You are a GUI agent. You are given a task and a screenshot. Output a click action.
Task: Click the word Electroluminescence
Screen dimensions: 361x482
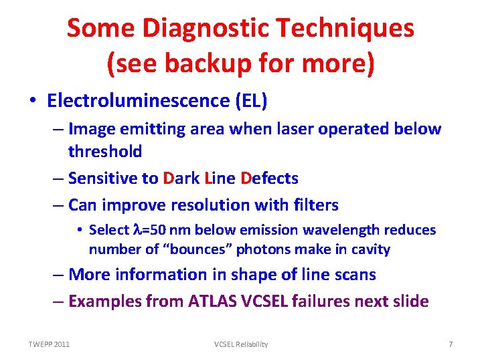[x=139, y=101]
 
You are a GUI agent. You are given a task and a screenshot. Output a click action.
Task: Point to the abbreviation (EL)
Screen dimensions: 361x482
[x=250, y=101]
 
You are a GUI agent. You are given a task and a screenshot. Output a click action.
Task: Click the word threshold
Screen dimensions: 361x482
[x=105, y=151]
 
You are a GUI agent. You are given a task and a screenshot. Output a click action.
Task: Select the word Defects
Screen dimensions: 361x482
[x=269, y=178]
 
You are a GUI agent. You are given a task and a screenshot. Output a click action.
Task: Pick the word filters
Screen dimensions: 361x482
[x=315, y=205]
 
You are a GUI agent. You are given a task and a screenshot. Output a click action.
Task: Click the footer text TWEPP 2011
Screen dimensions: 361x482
[x=49, y=344]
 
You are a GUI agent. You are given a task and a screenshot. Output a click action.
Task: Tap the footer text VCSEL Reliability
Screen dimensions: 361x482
[x=241, y=344]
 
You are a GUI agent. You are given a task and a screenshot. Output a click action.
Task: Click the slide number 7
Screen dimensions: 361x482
[x=451, y=344]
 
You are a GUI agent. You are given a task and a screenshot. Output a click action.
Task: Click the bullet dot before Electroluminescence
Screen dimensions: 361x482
[x=33, y=102]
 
